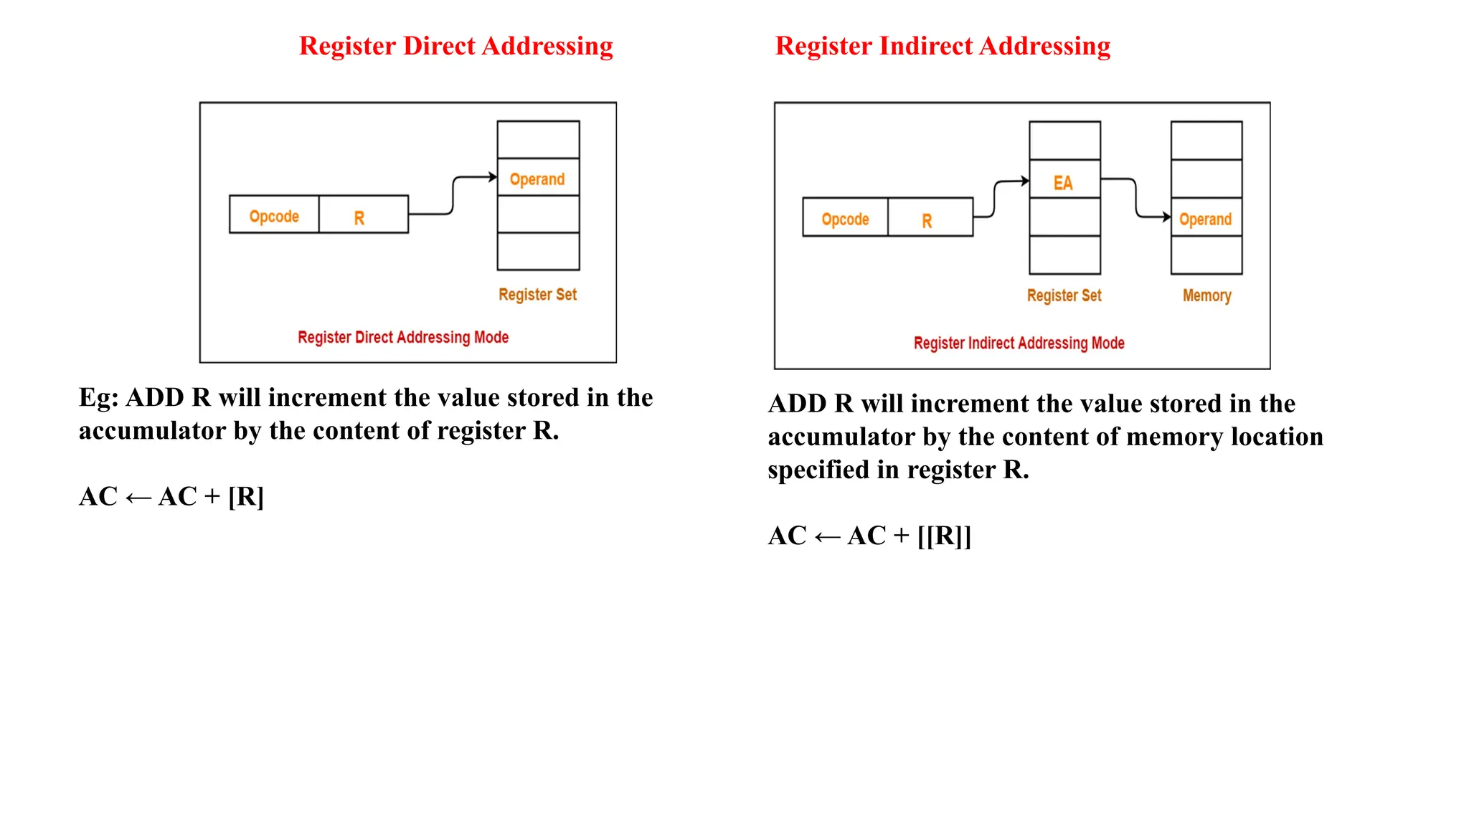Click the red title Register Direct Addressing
point(455,46)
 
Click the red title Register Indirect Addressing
point(943,46)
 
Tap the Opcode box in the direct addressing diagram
point(274,215)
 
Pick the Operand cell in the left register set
point(538,178)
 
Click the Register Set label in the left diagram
point(537,295)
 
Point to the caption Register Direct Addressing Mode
point(403,337)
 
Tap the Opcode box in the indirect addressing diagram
point(845,218)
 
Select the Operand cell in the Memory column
point(1206,218)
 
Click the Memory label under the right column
point(1206,295)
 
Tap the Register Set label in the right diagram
point(1064,295)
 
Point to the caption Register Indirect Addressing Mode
point(1019,343)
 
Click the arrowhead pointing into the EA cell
point(1025,181)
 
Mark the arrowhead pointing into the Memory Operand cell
point(1166,217)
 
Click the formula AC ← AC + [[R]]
point(869,536)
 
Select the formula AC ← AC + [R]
point(171,496)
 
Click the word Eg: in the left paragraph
point(98,398)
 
